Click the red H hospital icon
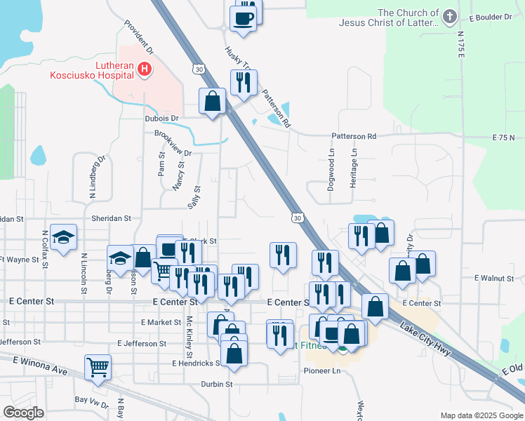coord(145,69)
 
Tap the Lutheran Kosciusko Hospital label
coord(91,69)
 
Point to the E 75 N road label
coord(504,136)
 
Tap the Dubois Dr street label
coord(162,119)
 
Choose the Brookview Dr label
coord(173,143)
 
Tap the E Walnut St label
coord(494,279)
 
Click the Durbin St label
coord(216,384)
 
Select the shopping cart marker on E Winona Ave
coord(98,366)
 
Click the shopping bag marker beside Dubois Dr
coord(212,102)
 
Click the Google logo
coord(23,412)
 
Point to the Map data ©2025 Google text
coord(481,415)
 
